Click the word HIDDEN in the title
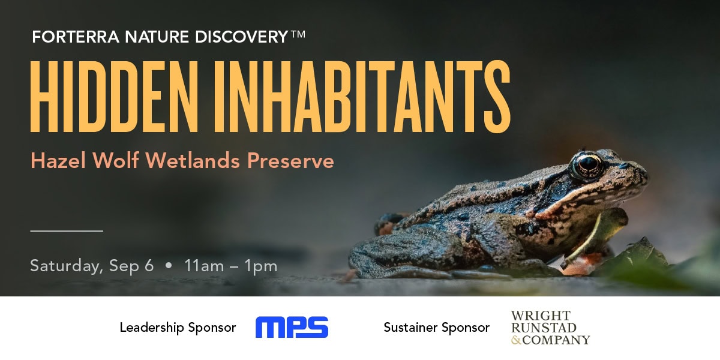114,97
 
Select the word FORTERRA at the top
76,37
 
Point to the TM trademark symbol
298,34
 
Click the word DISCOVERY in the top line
241,37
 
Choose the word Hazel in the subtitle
58,160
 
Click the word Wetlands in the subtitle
193,160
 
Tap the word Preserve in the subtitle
290,160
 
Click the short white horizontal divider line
67,231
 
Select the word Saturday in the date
67,266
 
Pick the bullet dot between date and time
169,265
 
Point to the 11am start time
204,266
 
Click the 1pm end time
260,267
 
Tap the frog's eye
588,166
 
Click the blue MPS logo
292,327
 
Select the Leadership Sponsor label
178,328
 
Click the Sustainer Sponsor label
437,328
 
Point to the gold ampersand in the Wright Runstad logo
516,340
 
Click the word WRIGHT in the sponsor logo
541,316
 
